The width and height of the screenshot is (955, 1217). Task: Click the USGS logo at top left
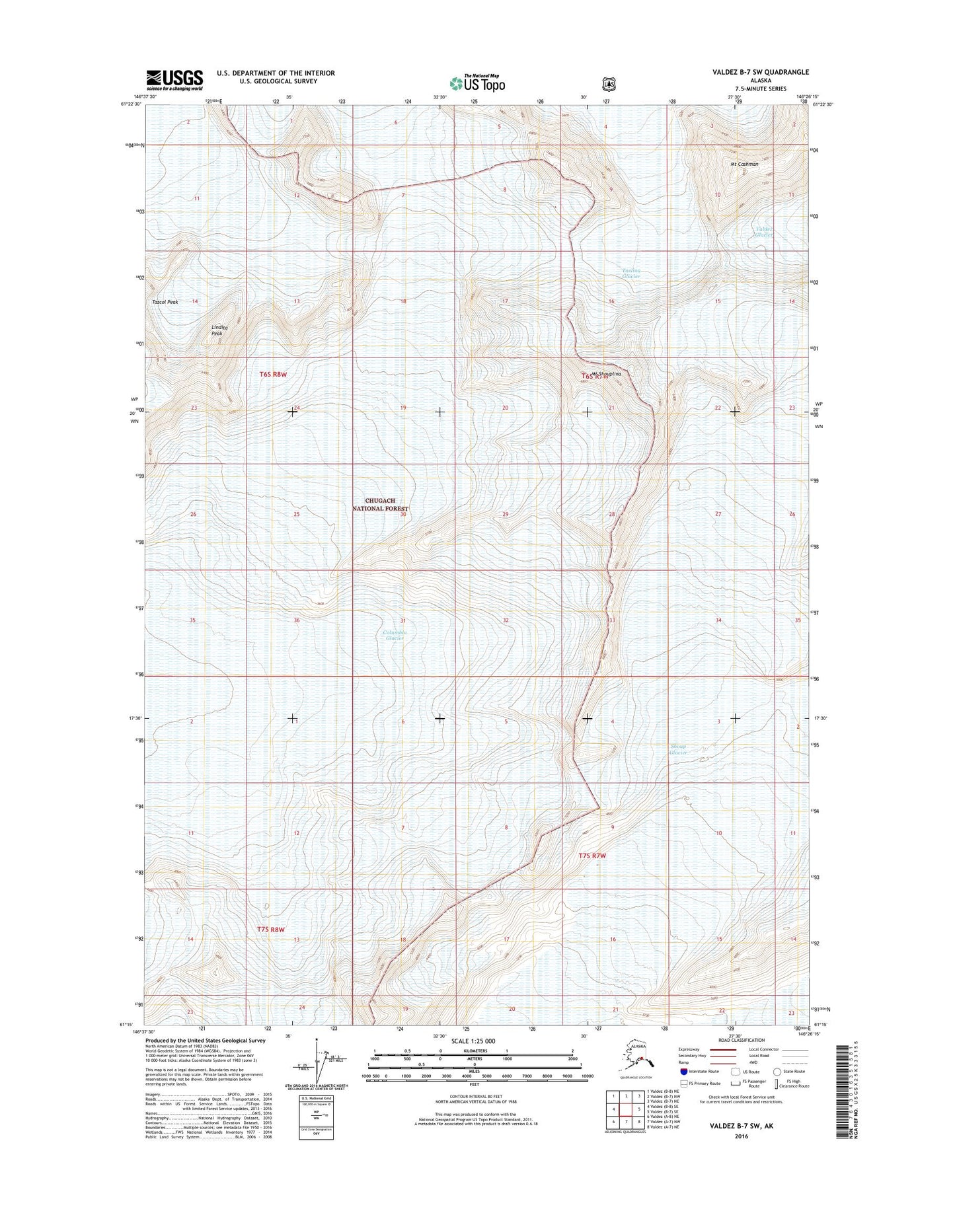(174, 80)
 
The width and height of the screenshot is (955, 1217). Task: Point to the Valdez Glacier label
(765, 232)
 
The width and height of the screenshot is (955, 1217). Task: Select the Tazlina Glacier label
(631, 274)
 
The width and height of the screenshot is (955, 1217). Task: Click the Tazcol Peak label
(165, 302)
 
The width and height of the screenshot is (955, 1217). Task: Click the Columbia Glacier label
(395, 636)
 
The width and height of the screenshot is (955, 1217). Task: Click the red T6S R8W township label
(274, 374)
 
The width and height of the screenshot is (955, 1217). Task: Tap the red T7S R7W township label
(592, 856)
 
